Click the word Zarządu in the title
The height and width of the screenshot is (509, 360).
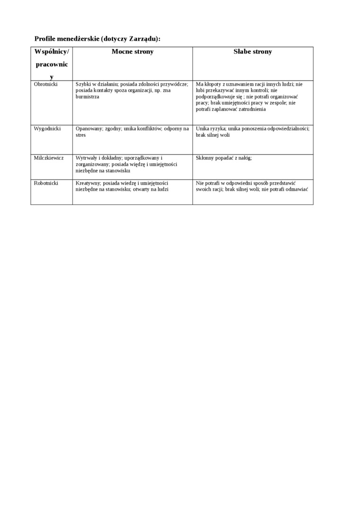tap(143, 39)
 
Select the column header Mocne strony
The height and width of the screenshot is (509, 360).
tap(133, 52)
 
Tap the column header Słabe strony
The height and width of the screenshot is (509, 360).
tap(252, 52)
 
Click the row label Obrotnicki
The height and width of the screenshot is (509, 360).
tap(46, 84)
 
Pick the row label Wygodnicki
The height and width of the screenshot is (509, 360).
tap(47, 129)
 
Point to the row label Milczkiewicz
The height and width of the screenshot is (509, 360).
tap(49, 158)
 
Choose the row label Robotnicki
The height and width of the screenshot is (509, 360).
tap(46, 183)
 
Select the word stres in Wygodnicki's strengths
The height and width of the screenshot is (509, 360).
tap(81, 135)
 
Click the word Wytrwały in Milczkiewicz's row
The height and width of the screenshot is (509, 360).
tap(86, 158)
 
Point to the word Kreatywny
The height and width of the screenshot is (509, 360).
tap(87, 183)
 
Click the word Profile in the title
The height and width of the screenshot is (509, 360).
tap(45, 39)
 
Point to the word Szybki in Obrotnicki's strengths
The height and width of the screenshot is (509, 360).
tap(83, 84)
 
